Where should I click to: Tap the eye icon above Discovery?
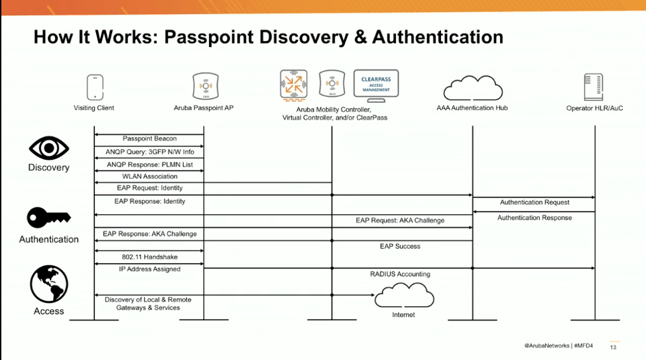[49, 148]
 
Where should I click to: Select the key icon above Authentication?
[48, 217]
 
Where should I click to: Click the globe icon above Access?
[49, 284]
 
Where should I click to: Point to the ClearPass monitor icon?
[375, 86]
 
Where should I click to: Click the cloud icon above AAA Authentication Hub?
[472, 88]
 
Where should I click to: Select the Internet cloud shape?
[403, 295]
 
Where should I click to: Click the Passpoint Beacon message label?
[150, 139]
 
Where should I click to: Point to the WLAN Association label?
[150, 176]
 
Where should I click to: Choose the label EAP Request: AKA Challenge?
[400, 220]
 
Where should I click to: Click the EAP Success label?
[400, 246]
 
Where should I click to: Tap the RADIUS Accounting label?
[400, 274]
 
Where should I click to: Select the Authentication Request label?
[535, 202]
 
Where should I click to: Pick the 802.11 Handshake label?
[150, 257]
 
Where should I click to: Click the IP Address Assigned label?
[150, 269]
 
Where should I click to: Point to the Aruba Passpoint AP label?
[204, 108]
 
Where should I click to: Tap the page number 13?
[613, 347]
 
